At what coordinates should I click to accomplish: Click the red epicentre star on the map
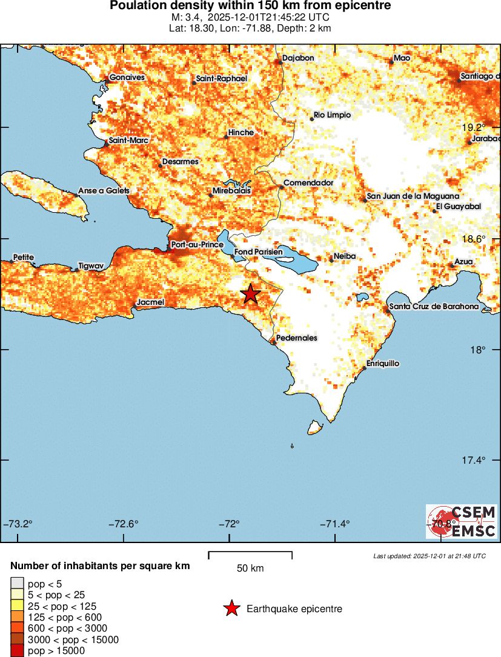(x=251, y=294)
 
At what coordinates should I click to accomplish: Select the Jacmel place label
(x=150, y=301)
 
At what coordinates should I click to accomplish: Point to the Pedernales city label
(x=296, y=338)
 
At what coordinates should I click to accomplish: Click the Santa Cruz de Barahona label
(x=434, y=307)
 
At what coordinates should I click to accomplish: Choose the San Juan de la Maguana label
(x=413, y=197)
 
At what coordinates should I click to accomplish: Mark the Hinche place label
(x=241, y=132)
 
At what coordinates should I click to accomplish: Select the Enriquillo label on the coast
(x=383, y=364)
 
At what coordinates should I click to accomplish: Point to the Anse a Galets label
(x=104, y=191)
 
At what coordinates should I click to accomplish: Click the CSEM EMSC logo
(x=462, y=522)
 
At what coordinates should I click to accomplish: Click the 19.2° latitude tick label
(x=474, y=127)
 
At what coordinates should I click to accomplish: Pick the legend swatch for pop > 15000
(x=16, y=650)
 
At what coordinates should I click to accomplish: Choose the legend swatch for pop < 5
(x=16, y=584)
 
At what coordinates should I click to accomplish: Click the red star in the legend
(x=231, y=609)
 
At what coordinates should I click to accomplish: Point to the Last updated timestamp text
(x=430, y=556)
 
